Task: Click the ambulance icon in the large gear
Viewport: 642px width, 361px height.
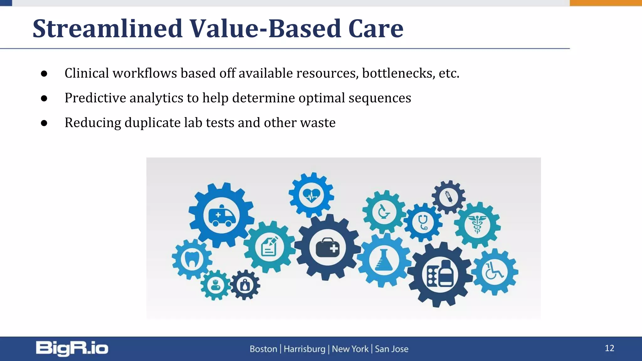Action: click(221, 216)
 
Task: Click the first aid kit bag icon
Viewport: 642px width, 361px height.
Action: click(328, 248)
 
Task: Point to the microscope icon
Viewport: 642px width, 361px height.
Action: click(384, 212)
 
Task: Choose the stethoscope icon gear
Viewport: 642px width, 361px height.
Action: click(423, 222)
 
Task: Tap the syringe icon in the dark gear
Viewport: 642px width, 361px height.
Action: click(449, 197)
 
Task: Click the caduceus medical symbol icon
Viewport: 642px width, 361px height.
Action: click(477, 224)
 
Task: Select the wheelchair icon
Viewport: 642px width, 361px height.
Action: click(494, 271)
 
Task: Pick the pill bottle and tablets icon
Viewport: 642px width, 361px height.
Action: click(440, 275)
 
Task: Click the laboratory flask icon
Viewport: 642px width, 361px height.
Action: click(384, 260)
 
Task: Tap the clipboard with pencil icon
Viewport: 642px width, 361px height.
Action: click(270, 247)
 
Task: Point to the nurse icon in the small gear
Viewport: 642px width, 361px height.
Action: click(215, 285)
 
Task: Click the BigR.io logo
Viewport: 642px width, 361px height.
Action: click(72, 348)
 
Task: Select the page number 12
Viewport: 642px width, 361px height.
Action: click(609, 348)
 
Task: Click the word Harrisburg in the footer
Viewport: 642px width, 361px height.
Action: click(304, 349)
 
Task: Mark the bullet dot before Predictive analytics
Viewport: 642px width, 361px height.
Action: click(44, 98)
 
